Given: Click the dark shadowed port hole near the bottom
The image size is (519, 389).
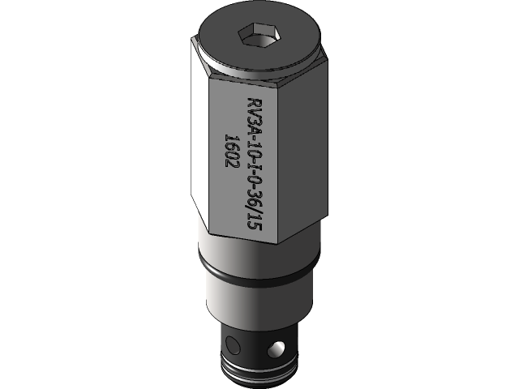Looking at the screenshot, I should point(232,345).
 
